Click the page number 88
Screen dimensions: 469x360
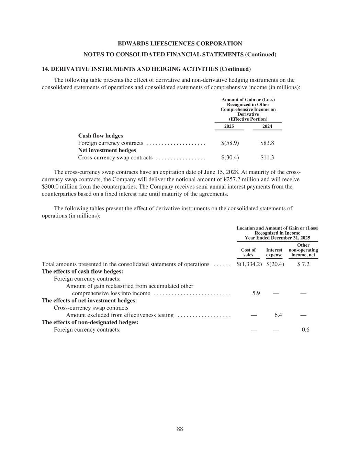point(180,429)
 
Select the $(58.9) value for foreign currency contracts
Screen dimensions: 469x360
point(230,143)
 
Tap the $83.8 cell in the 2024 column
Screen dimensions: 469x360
point(267,143)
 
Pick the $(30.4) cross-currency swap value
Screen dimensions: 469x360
point(230,157)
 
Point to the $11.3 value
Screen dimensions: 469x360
point(267,157)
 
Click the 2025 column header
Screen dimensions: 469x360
point(229,126)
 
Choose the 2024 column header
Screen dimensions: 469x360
point(267,126)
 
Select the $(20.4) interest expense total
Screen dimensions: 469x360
point(275,264)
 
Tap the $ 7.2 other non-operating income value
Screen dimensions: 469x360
point(303,264)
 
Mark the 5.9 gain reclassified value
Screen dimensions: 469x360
point(256,293)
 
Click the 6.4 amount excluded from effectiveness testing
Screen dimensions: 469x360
point(278,315)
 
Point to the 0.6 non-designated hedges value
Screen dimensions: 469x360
point(305,330)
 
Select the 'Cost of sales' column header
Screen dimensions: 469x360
point(248,253)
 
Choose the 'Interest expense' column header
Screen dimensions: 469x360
point(274,253)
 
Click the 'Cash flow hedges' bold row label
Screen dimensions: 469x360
point(101,136)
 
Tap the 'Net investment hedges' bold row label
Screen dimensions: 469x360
point(107,150)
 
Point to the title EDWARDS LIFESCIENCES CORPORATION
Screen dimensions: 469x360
point(180,44)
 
